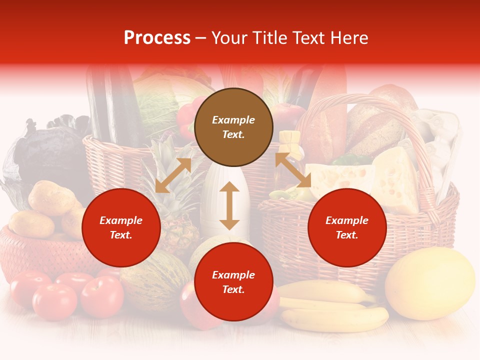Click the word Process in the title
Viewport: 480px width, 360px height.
click(157, 37)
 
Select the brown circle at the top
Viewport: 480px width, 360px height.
click(233, 127)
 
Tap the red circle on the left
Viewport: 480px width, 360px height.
click(121, 227)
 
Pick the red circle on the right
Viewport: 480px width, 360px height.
click(347, 227)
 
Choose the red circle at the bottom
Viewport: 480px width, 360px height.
click(233, 282)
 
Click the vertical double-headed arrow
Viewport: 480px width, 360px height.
click(229, 205)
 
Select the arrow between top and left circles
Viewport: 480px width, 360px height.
click(173, 175)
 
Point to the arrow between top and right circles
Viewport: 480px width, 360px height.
click(293, 170)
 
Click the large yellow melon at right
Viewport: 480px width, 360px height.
click(430, 283)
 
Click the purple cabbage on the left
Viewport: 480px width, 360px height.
click(42, 152)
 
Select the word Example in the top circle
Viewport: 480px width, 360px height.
click(233, 120)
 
